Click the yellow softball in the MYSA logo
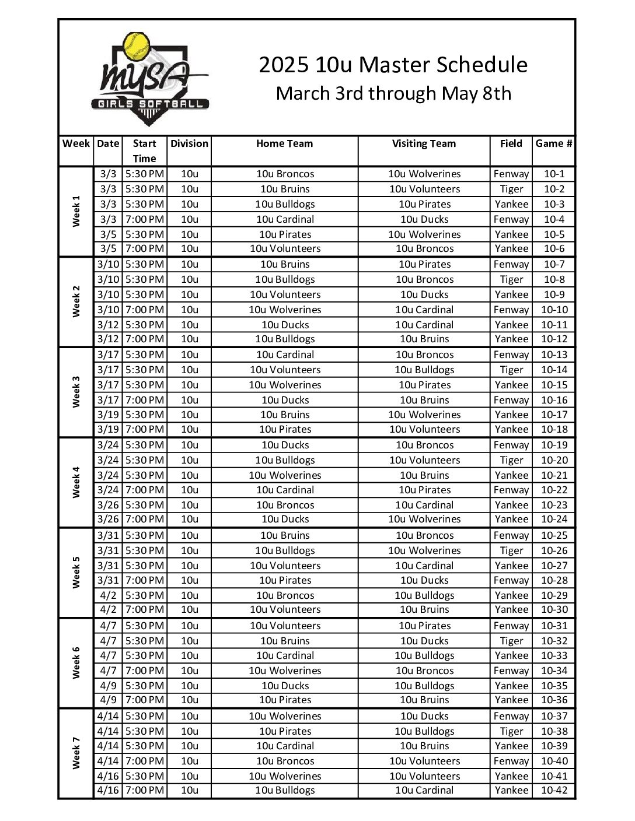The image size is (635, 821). (x=137, y=47)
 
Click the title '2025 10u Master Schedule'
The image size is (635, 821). (x=393, y=65)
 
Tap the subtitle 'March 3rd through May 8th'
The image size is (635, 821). (x=393, y=93)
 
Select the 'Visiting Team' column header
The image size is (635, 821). (x=424, y=143)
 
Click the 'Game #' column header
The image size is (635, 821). (x=553, y=143)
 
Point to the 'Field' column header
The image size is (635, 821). (x=511, y=143)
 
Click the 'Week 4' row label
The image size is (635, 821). (x=76, y=482)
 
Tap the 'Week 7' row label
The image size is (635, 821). (x=76, y=753)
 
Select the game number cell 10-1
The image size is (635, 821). (x=554, y=174)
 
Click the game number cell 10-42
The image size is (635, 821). (x=554, y=791)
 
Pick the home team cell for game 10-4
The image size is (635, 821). (x=285, y=219)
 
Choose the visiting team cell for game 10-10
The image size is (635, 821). (x=424, y=310)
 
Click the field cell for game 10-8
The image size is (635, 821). (x=511, y=279)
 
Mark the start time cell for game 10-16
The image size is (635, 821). (x=144, y=400)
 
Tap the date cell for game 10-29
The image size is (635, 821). (x=108, y=595)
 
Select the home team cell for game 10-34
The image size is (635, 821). (x=285, y=671)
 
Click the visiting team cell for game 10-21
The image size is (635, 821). (x=424, y=475)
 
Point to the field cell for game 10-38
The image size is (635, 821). (x=511, y=731)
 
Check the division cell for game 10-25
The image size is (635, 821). (x=190, y=535)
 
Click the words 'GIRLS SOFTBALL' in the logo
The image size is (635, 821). (x=149, y=104)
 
